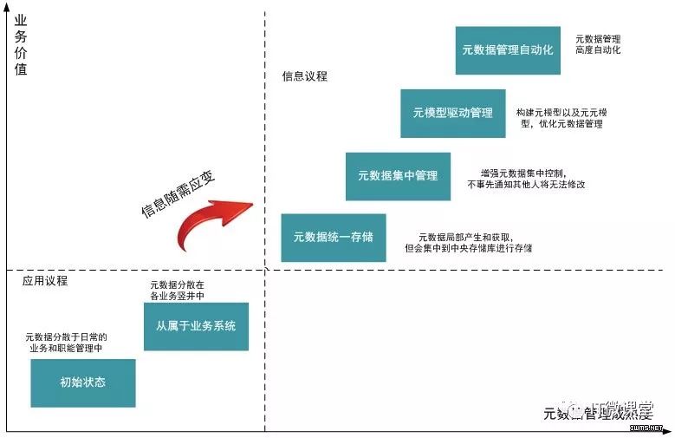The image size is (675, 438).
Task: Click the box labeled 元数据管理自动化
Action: click(x=508, y=50)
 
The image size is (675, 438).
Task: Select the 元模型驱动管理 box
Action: click(x=452, y=113)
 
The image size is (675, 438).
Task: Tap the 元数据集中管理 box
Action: click(x=398, y=176)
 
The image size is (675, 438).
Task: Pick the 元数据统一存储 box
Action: click(x=334, y=237)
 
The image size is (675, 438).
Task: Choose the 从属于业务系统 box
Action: click(x=196, y=326)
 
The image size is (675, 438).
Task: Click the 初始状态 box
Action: click(x=83, y=382)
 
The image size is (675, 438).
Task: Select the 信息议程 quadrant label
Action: click(x=304, y=76)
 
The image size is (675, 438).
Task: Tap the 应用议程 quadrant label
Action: click(x=45, y=281)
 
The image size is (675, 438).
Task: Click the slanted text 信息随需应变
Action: click(x=177, y=193)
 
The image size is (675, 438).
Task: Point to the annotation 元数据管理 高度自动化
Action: click(x=598, y=45)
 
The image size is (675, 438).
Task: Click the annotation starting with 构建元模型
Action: click(x=559, y=119)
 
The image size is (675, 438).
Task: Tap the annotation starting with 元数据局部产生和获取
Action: click(x=468, y=243)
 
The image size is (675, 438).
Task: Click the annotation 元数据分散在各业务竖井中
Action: click(x=177, y=291)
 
